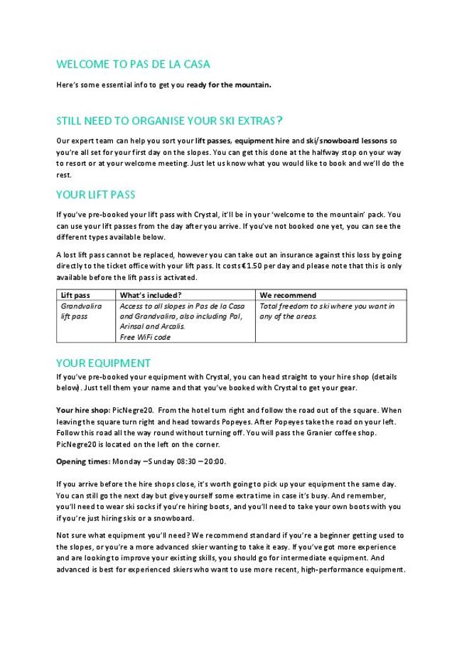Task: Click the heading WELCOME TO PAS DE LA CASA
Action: click(x=133, y=64)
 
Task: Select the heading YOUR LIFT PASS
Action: click(x=95, y=195)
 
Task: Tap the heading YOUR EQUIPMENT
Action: click(x=103, y=363)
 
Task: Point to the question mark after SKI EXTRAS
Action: click(x=280, y=120)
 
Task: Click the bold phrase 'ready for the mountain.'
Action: click(x=229, y=85)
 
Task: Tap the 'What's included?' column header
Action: click(x=150, y=295)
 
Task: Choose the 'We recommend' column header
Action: click(x=288, y=295)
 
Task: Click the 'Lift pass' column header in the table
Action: click(x=75, y=295)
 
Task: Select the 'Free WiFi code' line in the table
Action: click(x=145, y=337)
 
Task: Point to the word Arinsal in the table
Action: click(x=133, y=326)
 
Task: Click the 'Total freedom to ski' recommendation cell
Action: click(x=327, y=311)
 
